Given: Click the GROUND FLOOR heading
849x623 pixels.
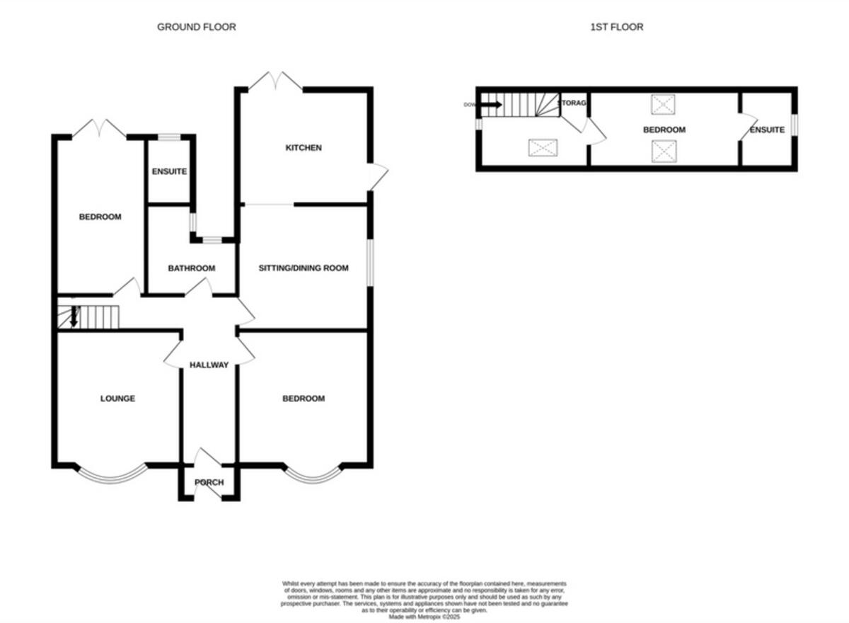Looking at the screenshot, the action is (196, 27).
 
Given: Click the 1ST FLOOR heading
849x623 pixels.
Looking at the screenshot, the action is (616, 27).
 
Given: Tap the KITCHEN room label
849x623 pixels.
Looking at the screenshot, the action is (304, 148).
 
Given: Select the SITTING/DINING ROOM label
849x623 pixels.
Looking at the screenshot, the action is (304, 268).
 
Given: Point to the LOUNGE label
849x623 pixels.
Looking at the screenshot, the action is (117, 399).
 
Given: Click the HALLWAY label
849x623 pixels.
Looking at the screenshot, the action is (209, 365).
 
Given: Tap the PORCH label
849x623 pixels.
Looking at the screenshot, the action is (209, 483).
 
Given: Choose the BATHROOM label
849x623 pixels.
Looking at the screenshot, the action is (191, 268).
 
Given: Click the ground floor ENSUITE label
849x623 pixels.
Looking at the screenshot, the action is (169, 171).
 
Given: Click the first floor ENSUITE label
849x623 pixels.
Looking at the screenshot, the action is (767, 130).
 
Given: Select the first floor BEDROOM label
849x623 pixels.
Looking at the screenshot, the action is (664, 130).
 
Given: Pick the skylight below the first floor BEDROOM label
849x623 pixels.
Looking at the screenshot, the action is (663, 150).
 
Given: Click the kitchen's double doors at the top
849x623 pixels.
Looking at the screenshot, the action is (276, 81).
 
